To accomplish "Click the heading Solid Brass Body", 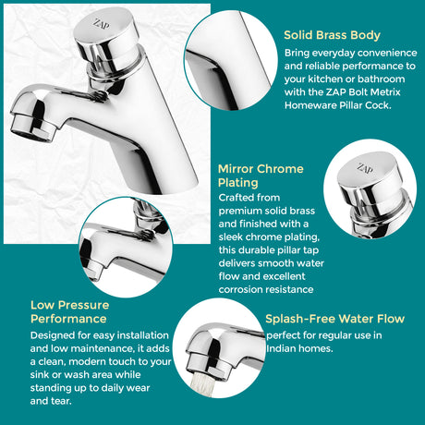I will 332,35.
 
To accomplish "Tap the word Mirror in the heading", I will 237,169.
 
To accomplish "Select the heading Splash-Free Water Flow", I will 334,319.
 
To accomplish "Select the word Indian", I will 283,348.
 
